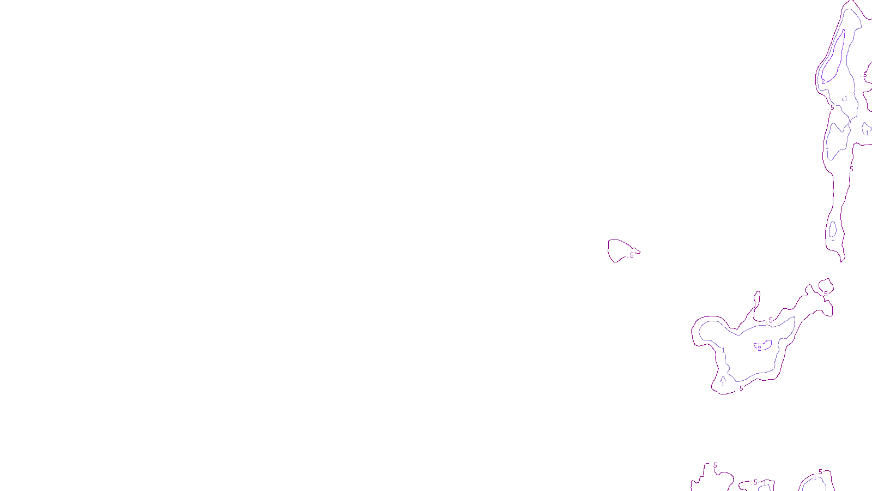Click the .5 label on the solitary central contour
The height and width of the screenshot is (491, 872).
coord(631,255)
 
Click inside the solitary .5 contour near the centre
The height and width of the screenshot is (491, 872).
coord(618,250)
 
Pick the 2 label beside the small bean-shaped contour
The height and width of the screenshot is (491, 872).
coord(759,348)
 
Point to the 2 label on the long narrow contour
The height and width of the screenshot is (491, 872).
coord(823,82)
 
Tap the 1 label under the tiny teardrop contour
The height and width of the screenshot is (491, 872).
coord(723,384)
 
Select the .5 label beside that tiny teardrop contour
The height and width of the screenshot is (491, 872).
coord(740,388)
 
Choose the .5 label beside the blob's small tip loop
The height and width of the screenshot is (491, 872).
coord(825,294)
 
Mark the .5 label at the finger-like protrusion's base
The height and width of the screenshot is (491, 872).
coord(770,320)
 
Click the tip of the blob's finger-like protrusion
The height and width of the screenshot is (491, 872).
coord(757,292)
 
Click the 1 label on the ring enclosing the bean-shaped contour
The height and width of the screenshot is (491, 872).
coord(723,350)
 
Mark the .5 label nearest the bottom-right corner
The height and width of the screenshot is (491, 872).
coord(820,472)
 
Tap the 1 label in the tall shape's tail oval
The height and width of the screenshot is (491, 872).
coord(833,238)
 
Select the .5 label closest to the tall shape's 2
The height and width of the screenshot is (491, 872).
coord(832,108)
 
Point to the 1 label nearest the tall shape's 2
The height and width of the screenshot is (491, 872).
coord(845,99)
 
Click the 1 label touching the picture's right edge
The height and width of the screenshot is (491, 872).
coord(867,133)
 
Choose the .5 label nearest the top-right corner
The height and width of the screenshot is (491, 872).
coord(865,75)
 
